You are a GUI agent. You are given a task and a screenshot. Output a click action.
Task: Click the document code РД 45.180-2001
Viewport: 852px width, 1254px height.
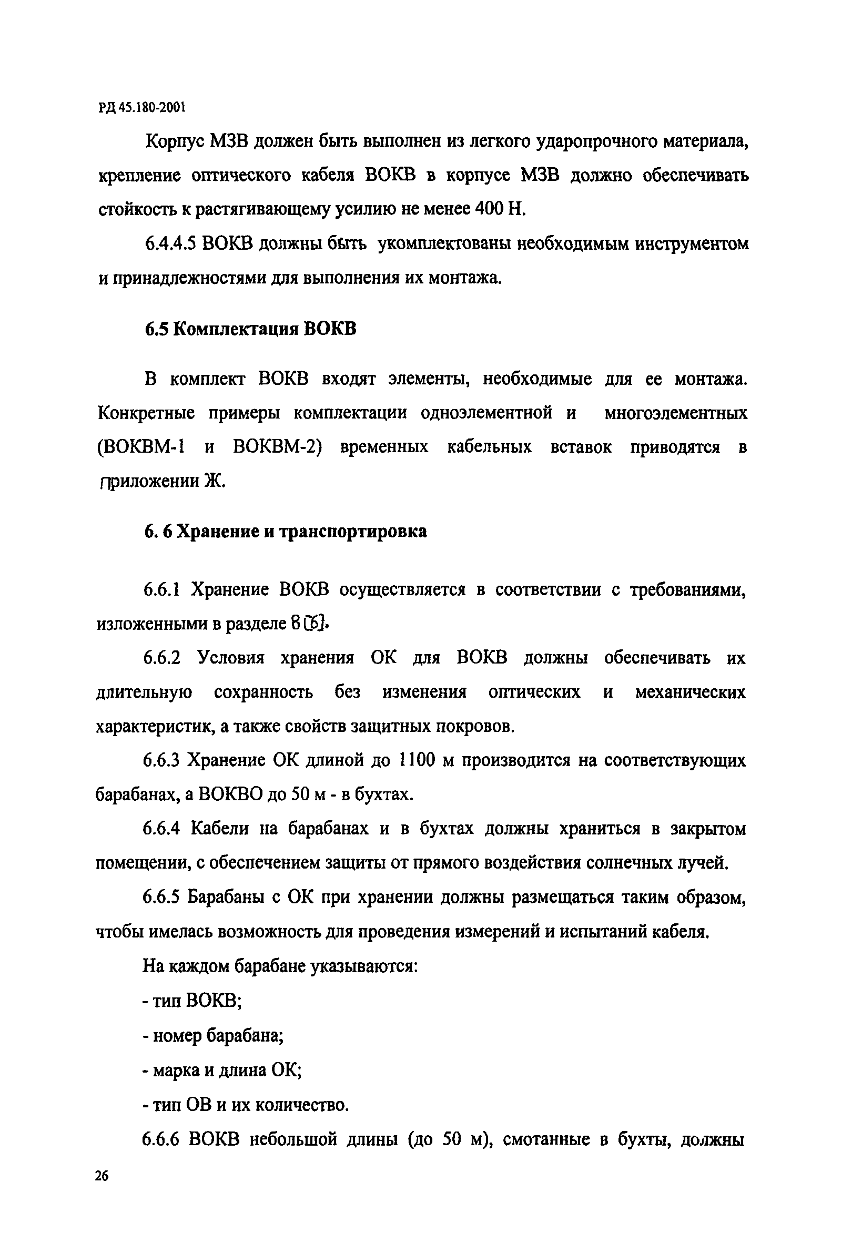[x=142, y=108]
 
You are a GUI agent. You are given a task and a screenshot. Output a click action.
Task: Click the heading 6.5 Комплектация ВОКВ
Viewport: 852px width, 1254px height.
[x=250, y=329]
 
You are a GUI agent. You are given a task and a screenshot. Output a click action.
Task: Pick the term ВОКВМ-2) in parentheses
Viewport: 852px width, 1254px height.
[x=277, y=447]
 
